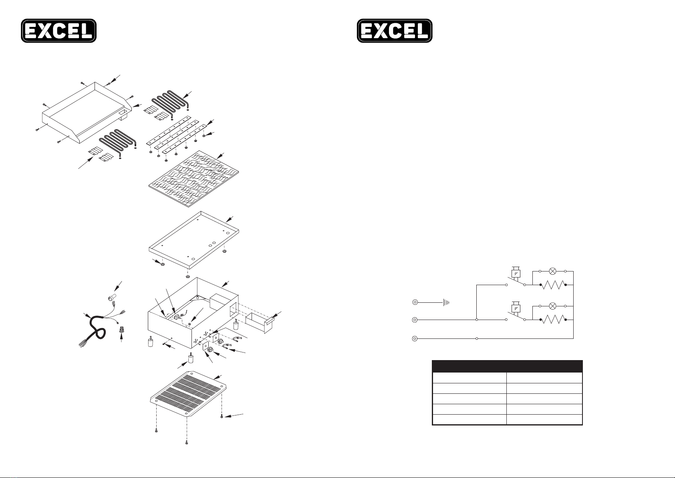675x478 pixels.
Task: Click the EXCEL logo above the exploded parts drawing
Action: [x=59, y=30]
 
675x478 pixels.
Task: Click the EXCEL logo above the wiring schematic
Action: [x=395, y=30]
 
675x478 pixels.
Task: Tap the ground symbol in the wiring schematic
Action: [x=446, y=302]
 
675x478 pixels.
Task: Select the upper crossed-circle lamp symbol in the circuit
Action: [x=553, y=271]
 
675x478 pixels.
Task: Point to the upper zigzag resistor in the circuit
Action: [x=553, y=285]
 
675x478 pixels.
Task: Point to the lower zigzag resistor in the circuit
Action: [x=553, y=320]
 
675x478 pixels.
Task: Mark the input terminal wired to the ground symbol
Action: [x=415, y=302]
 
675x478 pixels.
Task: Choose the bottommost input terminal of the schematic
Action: [x=415, y=338]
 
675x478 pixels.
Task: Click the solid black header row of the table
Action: [x=507, y=366]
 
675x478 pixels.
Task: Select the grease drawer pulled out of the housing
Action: [x=261, y=323]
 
